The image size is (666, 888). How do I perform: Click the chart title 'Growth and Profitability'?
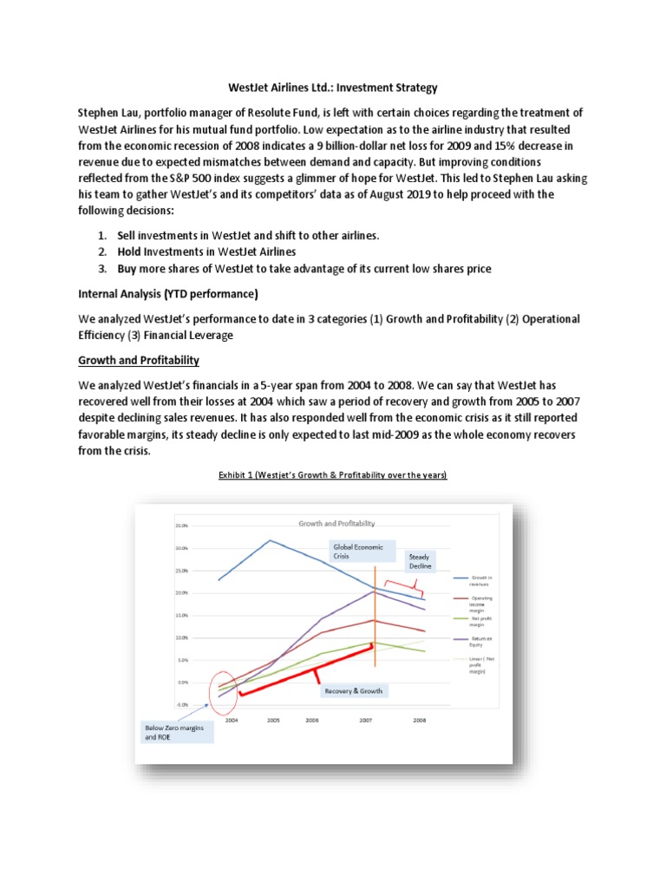336,524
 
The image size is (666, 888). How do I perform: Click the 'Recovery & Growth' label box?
353,691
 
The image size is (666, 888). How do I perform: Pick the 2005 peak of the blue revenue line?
270,541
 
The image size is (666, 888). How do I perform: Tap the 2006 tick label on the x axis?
310,720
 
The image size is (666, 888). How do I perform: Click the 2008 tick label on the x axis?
420,720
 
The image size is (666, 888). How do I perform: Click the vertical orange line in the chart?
375,616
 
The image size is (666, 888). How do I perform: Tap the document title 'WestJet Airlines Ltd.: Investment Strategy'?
333,88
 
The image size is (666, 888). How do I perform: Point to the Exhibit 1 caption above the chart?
332,475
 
